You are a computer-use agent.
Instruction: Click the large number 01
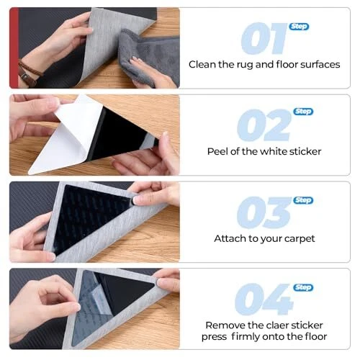coord(264,38)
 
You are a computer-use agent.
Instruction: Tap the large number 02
coord(264,125)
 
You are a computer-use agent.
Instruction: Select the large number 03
coord(264,212)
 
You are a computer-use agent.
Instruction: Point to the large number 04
coord(264,299)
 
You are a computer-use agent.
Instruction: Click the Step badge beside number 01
coord(299,27)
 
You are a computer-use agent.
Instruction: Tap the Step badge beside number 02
coord(303,112)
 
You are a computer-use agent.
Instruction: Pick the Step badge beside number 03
coord(303,200)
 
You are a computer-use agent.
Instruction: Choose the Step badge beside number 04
coord(303,287)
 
